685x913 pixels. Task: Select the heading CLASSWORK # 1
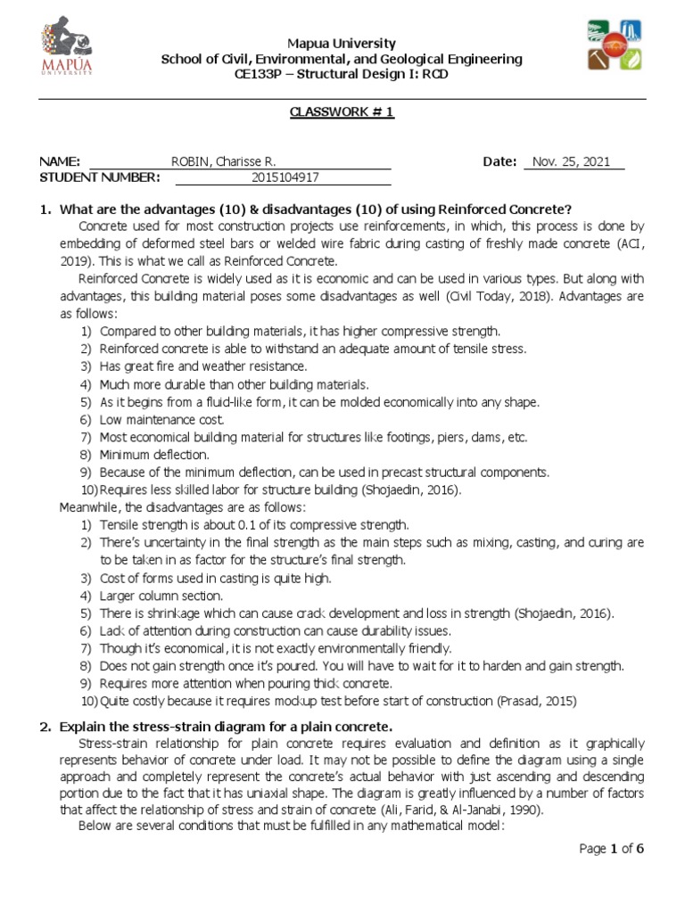342,111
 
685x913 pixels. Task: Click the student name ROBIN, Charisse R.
223,161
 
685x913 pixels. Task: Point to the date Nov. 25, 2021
571,161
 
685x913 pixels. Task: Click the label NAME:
61,161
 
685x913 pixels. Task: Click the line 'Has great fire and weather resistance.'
202,366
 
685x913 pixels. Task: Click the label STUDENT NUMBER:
100,177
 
